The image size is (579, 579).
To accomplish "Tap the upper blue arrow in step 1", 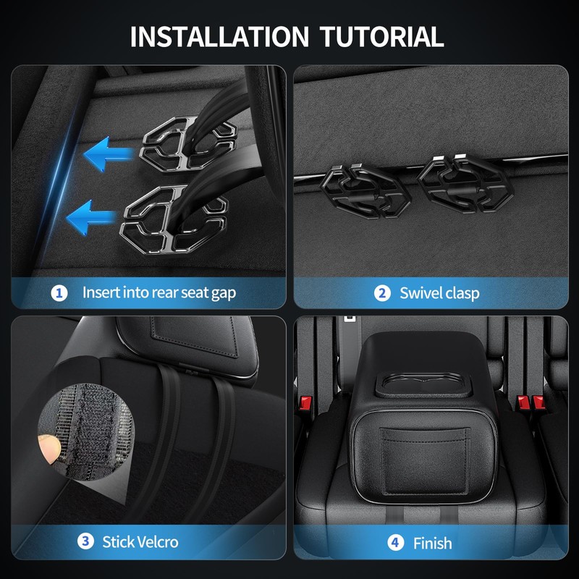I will tap(109, 153).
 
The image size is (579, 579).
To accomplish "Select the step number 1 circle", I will tap(59, 293).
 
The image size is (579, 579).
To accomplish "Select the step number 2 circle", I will tap(382, 293).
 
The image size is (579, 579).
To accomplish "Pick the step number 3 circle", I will tap(85, 541).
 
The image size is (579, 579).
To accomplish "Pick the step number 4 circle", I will tap(396, 542).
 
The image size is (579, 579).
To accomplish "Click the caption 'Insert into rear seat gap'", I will tap(159, 293).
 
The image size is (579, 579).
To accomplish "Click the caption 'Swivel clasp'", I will tap(439, 293).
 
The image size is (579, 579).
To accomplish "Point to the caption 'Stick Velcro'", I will tap(140, 541).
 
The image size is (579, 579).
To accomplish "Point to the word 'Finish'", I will tap(432, 542).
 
